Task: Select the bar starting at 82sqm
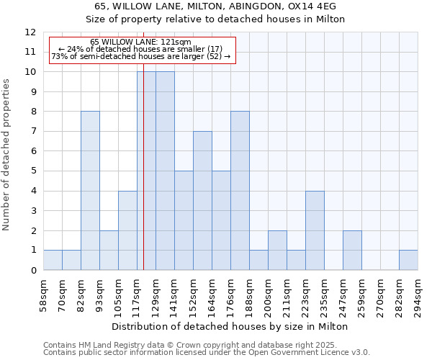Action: coord(90,191)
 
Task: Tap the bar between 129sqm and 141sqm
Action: coord(165,171)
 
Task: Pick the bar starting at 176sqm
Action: coord(240,191)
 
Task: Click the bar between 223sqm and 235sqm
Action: coord(315,230)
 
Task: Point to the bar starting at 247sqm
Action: coord(352,251)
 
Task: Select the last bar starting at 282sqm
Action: coord(408,260)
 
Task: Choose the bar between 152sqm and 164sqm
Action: coord(202,201)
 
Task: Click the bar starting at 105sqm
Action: coord(127,230)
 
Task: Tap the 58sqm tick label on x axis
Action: coord(44,294)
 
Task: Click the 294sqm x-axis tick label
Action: coord(418,294)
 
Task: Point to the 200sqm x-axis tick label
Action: coord(269,294)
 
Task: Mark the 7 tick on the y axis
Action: coord(33,132)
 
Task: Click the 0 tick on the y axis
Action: coord(33,271)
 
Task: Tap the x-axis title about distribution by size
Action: coord(230,326)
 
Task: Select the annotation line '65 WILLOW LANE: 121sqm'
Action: coord(141,42)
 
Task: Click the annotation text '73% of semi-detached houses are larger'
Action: coord(141,56)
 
